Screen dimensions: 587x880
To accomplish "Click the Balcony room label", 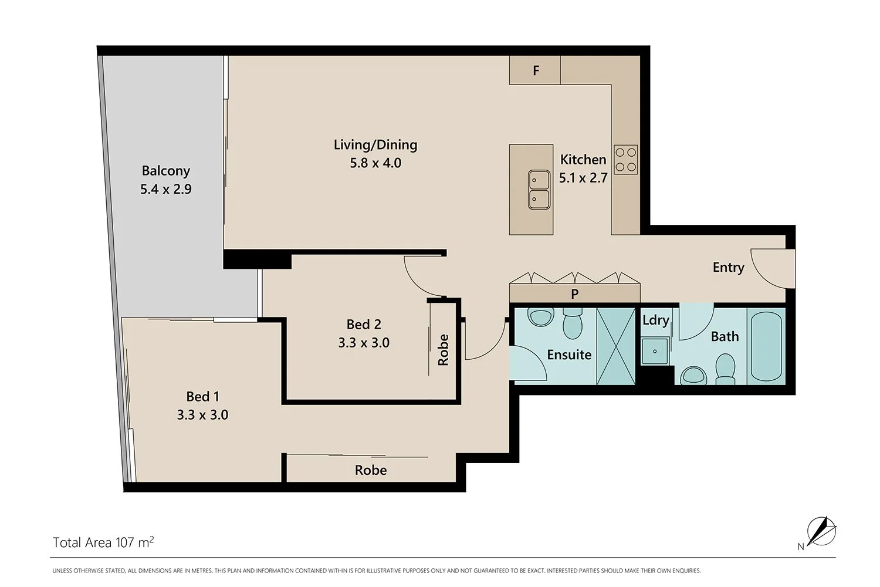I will pos(166,171).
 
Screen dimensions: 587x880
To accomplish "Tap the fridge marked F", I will pos(535,70).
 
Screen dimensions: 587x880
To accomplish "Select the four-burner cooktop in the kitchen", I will pos(625,159).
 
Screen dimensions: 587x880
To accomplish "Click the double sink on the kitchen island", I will pos(538,189).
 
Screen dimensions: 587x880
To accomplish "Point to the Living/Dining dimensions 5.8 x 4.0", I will pos(375,163).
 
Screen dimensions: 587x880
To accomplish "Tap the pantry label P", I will pos(574,293).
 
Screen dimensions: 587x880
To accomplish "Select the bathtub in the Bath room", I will pos(766,346).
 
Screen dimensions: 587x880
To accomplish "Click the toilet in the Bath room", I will pos(726,368).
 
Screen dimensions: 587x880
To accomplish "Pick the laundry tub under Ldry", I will pos(654,351).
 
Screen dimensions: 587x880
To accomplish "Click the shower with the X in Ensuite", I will pos(616,346).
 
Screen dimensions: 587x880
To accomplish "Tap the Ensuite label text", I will pos(568,355).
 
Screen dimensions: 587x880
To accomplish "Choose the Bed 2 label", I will pos(363,324).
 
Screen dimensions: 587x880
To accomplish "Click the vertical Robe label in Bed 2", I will pos(444,350).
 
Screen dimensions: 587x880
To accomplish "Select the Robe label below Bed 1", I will pos(371,470).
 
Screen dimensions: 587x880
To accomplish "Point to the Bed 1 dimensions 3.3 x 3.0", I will pos(202,415).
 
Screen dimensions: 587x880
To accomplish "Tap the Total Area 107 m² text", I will pos(103,542).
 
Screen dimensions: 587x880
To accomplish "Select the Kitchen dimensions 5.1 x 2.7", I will pos(583,178).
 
